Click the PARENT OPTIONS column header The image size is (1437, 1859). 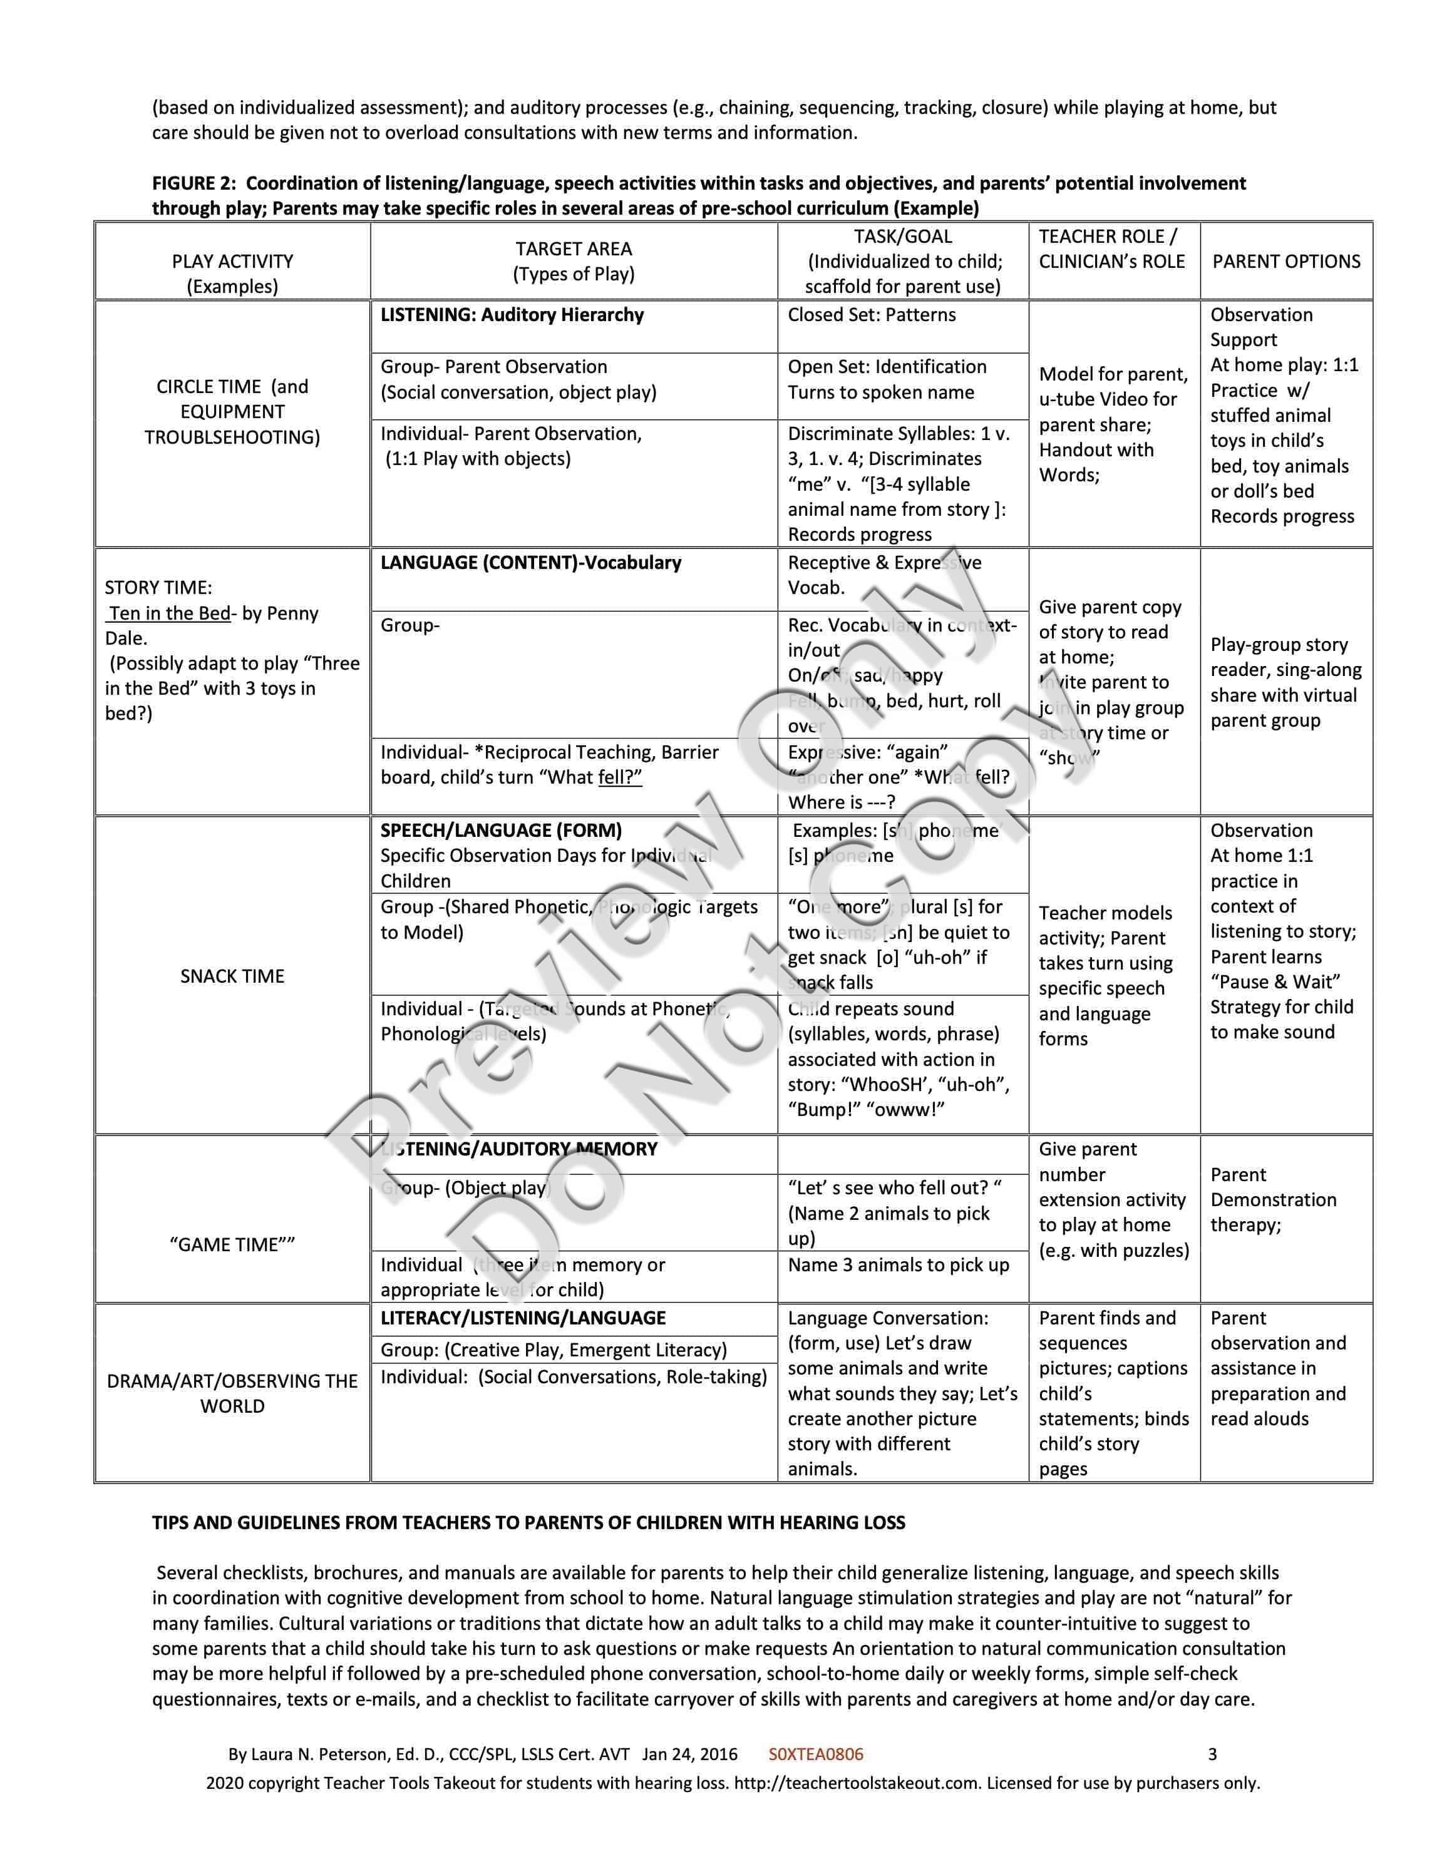[x=1285, y=261]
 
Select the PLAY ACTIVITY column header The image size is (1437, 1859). [x=232, y=261]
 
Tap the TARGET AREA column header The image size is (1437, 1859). [x=573, y=248]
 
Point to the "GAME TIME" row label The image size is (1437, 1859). [x=232, y=1244]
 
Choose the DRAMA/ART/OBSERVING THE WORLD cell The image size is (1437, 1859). [x=232, y=1393]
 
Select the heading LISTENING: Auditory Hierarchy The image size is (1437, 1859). [x=512, y=315]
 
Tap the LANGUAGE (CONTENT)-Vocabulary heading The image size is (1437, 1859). [x=530, y=563]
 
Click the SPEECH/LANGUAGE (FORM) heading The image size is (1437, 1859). [x=500, y=831]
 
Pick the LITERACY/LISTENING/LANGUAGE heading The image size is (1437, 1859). [x=523, y=1318]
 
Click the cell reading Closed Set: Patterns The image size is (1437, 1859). [x=871, y=315]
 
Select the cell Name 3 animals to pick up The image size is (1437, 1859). [x=898, y=1265]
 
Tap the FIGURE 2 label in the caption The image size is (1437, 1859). [x=194, y=183]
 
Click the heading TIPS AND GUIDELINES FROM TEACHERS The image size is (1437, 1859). [x=528, y=1523]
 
